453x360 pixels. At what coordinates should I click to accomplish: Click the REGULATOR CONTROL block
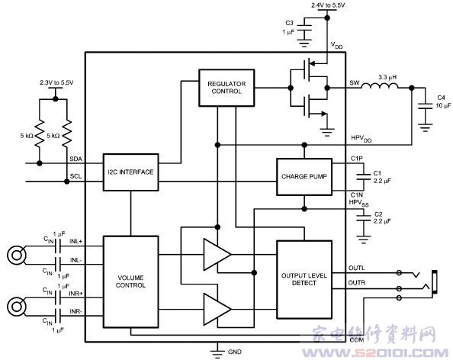click(x=226, y=88)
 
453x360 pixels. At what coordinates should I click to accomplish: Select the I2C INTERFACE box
click(x=131, y=172)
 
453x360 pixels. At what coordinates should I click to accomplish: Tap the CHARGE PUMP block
click(x=304, y=176)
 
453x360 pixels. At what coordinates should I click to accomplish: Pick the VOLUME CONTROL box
click(x=131, y=281)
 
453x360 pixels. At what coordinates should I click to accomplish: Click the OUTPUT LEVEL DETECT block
click(x=304, y=279)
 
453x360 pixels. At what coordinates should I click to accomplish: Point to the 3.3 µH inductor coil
click(x=380, y=85)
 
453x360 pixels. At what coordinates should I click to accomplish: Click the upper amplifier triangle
click(x=217, y=255)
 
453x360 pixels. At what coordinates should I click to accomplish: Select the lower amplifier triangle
click(x=217, y=310)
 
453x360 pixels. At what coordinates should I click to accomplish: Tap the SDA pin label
click(x=76, y=159)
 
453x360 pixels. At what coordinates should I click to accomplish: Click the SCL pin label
click(x=75, y=176)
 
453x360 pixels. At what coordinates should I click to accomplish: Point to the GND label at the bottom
click(x=235, y=352)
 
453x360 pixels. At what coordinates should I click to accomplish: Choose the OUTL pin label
click(x=357, y=268)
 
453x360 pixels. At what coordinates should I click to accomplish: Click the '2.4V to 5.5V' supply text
click(x=328, y=5)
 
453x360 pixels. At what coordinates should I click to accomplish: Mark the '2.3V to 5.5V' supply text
click(x=56, y=82)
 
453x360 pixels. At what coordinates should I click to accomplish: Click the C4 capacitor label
click(x=441, y=98)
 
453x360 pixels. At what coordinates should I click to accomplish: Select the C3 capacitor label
click(x=289, y=23)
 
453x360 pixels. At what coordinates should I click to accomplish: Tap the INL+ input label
click(x=76, y=241)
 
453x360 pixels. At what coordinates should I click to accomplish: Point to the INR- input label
click(x=76, y=311)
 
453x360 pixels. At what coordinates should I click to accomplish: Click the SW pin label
click(x=355, y=83)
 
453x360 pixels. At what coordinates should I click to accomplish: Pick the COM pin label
click(x=357, y=340)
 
